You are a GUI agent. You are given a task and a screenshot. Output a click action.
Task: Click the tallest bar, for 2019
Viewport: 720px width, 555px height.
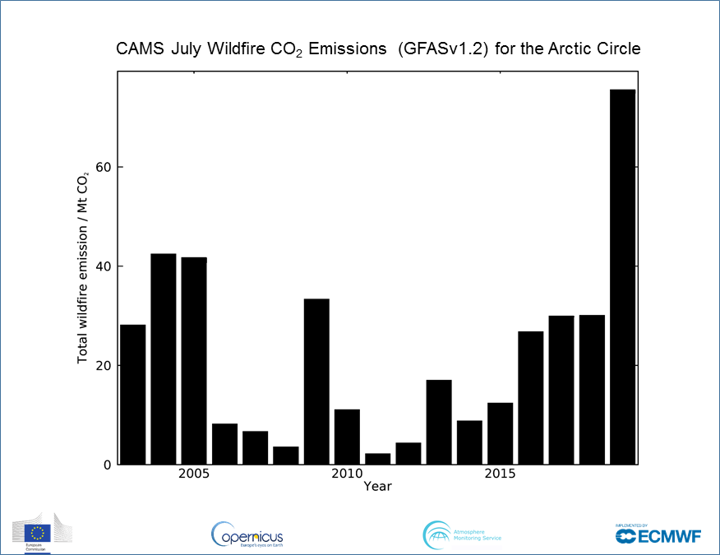(622, 277)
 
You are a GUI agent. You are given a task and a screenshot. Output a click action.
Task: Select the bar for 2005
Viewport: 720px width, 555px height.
(194, 361)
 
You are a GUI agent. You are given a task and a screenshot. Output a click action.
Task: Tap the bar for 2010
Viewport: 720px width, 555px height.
(347, 437)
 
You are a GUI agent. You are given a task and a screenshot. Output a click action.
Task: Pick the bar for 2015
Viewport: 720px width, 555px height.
(500, 433)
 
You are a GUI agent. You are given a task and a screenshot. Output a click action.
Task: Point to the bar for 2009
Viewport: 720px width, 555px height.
(316, 382)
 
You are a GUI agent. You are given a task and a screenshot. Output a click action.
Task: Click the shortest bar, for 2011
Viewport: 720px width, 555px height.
(378, 459)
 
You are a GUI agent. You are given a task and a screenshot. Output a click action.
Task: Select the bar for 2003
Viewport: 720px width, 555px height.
(132, 395)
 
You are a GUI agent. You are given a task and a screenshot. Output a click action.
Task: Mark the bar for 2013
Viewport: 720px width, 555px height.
(439, 422)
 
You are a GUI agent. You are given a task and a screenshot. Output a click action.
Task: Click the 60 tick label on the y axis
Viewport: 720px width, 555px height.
(103, 167)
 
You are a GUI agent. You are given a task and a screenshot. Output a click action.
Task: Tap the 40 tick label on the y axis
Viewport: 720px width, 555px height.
(103, 266)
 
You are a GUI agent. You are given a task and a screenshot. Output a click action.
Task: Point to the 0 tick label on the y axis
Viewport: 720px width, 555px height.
(107, 465)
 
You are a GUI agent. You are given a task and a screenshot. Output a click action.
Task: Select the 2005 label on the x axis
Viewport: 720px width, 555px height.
(194, 474)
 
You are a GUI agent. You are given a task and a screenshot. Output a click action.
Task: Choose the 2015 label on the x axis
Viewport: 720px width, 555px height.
(500, 474)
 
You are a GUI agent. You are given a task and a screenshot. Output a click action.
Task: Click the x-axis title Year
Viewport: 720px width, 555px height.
(378, 487)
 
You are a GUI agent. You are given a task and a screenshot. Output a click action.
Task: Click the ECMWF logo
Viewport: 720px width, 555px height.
(658, 534)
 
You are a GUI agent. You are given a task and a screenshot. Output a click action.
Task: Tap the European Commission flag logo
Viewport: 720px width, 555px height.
(37, 533)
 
